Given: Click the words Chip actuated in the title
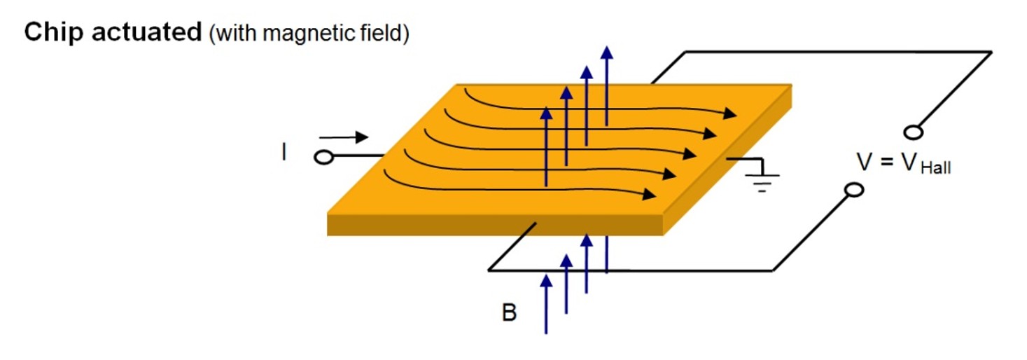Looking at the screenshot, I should (112, 33).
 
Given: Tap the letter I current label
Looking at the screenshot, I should (284, 153).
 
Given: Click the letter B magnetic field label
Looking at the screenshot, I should (509, 313).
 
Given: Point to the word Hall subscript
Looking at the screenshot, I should (935, 169).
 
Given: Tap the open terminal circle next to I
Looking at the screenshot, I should (323, 158).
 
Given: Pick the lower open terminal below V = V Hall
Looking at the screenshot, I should (853, 190).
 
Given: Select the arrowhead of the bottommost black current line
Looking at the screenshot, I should (650, 193).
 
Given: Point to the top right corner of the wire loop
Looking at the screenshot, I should (991, 52).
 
